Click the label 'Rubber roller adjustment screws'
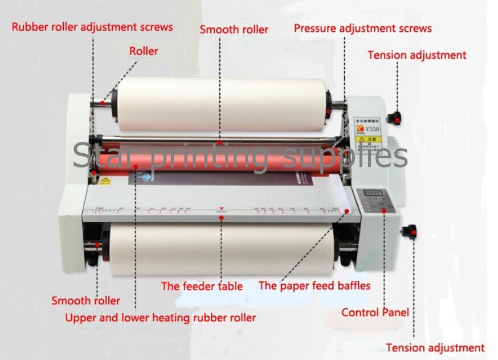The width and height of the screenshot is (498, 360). [92, 27]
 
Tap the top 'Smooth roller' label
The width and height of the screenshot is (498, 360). [234, 29]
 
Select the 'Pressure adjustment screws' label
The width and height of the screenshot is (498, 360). [362, 28]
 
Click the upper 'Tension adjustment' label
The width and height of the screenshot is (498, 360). [417, 55]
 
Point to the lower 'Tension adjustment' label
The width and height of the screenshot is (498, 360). [435, 347]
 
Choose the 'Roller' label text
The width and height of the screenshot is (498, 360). [144, 51]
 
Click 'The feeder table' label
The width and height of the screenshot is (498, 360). [202, 286]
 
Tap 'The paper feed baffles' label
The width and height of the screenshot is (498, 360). [315, 285]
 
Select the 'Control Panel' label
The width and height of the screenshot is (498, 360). [375, 312]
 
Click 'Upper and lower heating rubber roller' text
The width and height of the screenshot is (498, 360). [161, 318]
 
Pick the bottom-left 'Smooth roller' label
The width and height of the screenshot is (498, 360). [85, 301]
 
